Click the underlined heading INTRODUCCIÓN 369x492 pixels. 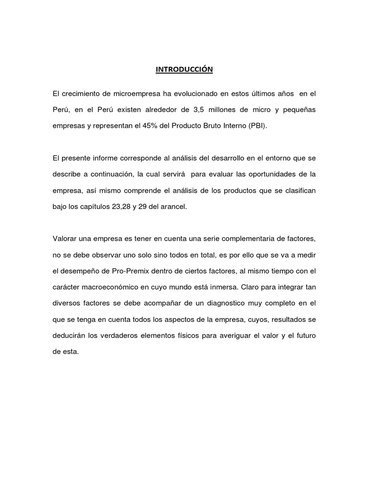click(184, 70)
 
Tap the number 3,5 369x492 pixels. click(198, 110)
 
